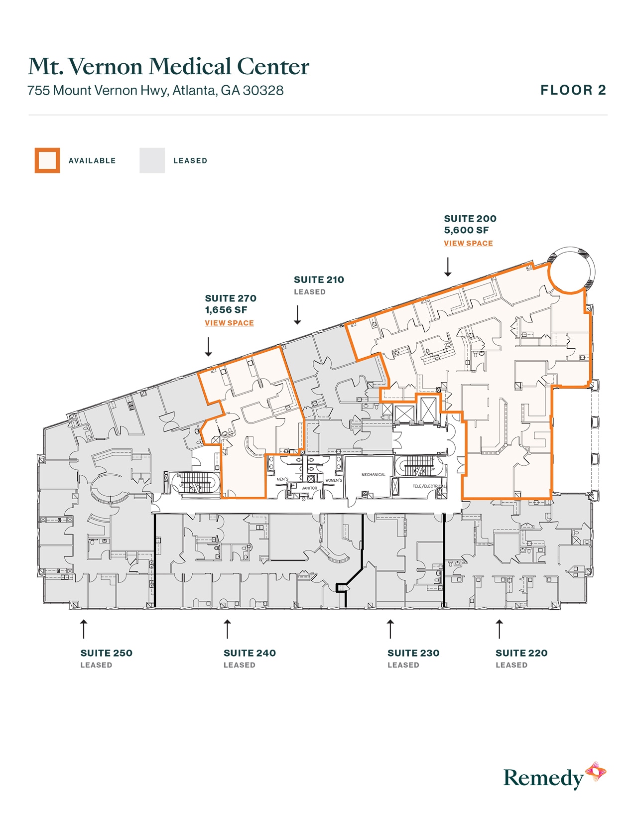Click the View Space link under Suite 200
(468, 243)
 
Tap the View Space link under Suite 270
(229, 323)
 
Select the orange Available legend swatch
(47, 160)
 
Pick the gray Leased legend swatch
(152, 160)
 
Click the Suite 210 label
(319, 280)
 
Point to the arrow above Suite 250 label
(84, 629)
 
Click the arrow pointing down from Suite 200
(448, 267)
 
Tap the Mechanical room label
(374, 475)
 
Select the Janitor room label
(309, 488)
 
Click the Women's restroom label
(334, 480)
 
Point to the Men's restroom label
(282, 479)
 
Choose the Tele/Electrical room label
(428, 486)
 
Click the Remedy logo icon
(595, 772)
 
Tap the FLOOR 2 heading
(573, 90)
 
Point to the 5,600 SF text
(466, 230)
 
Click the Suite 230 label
(413, 653)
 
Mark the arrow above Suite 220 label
(499, 629)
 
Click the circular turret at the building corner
(571, 270)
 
